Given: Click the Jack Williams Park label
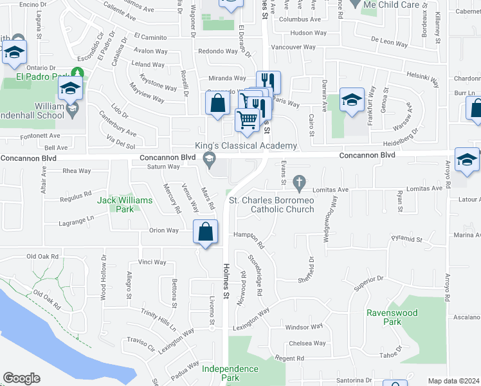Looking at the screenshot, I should (x=125, y=205).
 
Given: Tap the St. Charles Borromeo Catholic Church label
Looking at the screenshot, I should (x=272, y=205).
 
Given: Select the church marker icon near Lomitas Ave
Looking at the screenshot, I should (x=298, y=183).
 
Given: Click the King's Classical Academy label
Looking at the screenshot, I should (x=246, y=146).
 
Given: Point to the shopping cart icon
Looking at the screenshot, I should (x=247, y=120).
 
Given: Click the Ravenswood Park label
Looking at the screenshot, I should (x=392, y=317).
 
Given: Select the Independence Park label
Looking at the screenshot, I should (x=230, y=373).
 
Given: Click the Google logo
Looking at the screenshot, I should (x=21, y=378).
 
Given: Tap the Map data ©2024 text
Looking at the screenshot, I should (x=453, y=381).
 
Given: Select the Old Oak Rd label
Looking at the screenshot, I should (x=42, y=256).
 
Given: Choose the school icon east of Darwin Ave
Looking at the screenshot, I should (x=352, y=100).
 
